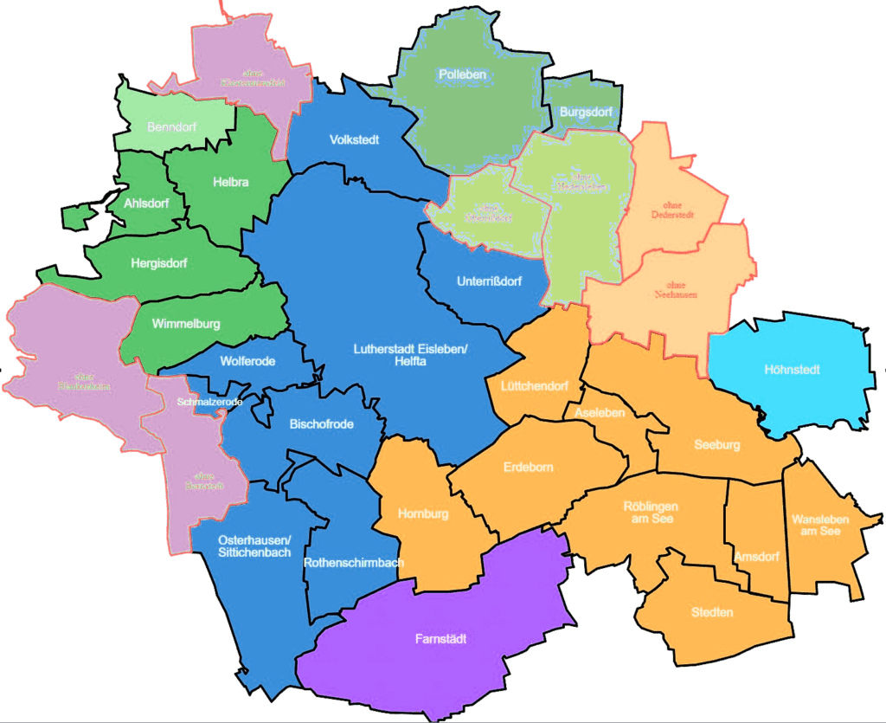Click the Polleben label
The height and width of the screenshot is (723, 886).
point(462,74)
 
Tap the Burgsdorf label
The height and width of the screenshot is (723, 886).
point(586,113)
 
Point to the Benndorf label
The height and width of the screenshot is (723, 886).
point(171,127)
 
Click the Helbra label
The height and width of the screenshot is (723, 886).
point(230,183)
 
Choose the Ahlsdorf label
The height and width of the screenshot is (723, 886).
point(146,203)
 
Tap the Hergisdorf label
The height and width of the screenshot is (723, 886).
point(158,262)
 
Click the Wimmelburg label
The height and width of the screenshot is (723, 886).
point(185,324)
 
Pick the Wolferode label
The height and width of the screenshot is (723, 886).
point(247,361)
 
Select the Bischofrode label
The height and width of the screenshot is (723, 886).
point(321,424)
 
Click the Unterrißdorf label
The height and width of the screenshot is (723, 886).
point(489,281)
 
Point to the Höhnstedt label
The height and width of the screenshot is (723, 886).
point(792,370)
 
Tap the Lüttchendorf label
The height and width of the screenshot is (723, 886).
point(535,385)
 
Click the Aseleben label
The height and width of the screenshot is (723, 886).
point(600,413)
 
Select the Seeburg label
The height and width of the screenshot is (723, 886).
point(717,445)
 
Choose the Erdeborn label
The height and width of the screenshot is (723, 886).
point(528,468)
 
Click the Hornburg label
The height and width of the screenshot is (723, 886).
point(423,514)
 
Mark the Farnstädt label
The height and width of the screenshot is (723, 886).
point(441,639)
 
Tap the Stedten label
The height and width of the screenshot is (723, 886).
point(712,612)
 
